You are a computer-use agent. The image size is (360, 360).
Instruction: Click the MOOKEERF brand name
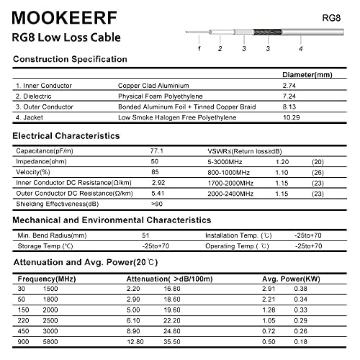click(64, 18)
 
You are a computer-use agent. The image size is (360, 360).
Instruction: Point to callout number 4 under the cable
click(301, 49)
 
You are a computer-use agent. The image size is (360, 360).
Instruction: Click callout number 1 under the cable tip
click(199, 48)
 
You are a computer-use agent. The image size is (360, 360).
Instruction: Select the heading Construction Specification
click(70, 59)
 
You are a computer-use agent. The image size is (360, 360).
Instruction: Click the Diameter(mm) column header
click(307, 75)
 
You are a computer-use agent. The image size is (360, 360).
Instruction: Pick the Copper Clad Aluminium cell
click(153, 85)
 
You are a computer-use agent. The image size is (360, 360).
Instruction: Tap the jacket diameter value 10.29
click(291, 118)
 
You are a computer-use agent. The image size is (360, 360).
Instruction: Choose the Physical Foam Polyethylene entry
click(160, 96)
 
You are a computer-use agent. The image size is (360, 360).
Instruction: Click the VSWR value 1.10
click(282, 172)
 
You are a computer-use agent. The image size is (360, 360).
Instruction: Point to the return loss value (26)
click(317, 172)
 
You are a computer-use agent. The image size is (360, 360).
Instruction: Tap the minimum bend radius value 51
click(145, 235)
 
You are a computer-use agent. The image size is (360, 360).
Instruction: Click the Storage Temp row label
click(45, 246)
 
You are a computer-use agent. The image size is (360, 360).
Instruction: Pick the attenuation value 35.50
click(172, 342)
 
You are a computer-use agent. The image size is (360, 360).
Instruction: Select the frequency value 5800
click(50, 342)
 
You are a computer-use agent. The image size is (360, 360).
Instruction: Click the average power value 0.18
click(301, 342)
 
